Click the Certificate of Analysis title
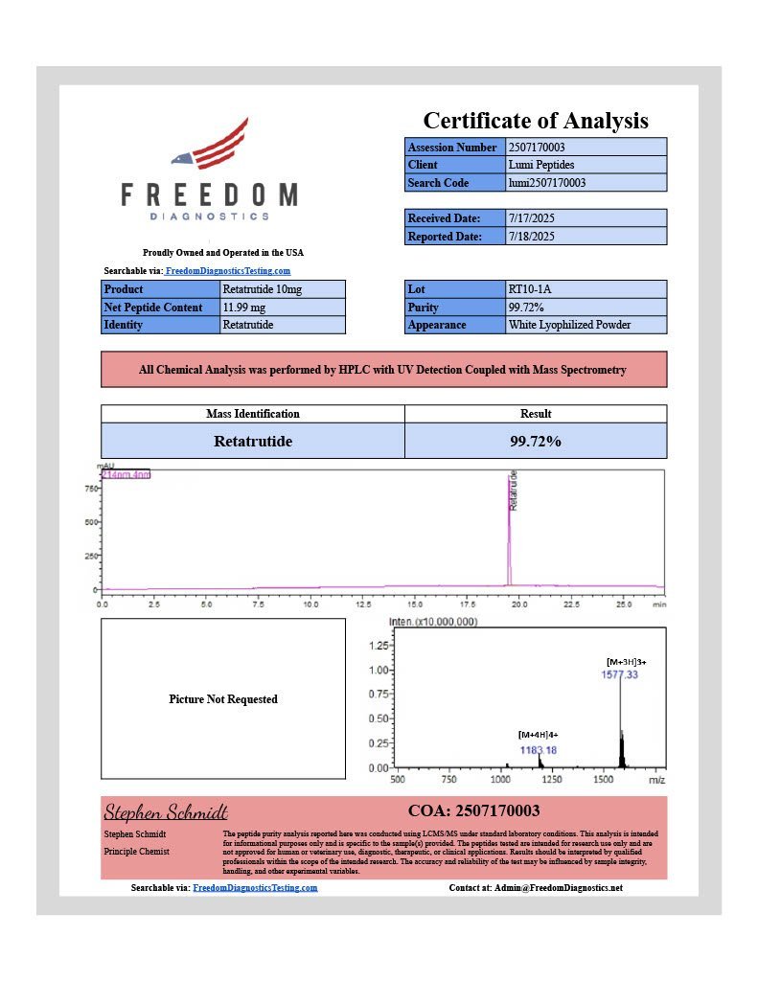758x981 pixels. tap(536, 121)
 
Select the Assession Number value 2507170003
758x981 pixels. tap(541, 148)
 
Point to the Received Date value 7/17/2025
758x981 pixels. tap(531, 218)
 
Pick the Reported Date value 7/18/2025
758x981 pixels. tap(531, 236)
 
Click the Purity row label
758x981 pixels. tap(423, 308)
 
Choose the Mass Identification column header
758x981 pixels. tap(253, 414)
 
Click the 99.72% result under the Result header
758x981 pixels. tap(536, 442)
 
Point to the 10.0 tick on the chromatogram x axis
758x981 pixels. tap(310, 605)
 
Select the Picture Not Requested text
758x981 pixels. tap(223, 699)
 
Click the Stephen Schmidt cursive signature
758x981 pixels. tap(165, 811)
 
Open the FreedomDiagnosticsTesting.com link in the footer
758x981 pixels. tap(255, 888)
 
